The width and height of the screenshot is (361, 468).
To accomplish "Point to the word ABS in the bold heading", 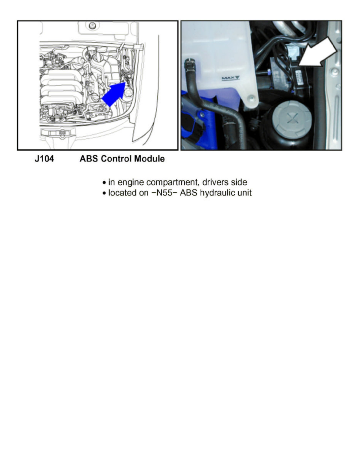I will coord(88,159).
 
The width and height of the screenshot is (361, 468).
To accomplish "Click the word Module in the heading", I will coord(149,159).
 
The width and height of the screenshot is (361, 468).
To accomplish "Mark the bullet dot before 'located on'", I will coord(104,194).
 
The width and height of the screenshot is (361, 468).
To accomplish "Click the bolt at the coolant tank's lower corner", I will coord(250,97).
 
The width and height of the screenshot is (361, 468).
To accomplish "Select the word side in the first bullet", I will coord(239,183).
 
